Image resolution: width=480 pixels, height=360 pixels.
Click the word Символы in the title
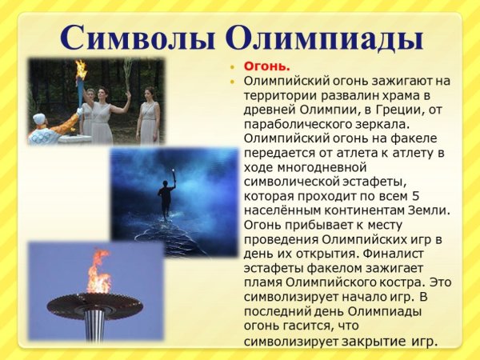point(136,37)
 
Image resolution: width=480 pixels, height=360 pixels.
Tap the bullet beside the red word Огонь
point(233,66)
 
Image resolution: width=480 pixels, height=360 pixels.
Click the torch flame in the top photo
point(81,69)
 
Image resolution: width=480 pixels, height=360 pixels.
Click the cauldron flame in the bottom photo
point(99,274)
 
